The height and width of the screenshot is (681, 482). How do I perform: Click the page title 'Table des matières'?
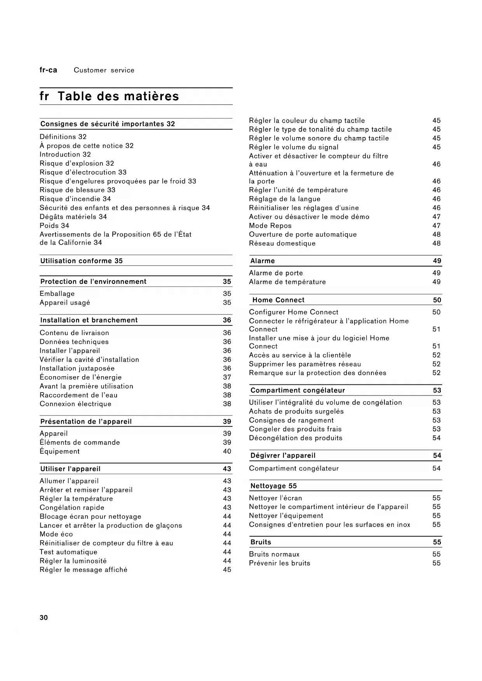tap(118, 96)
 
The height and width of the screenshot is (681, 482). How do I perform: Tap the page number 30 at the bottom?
tap(44, 618)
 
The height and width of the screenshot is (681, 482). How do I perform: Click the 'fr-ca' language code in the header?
tap(48, 70)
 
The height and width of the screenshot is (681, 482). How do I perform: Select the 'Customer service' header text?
tap(104, 70)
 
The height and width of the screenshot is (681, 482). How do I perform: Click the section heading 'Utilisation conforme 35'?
tap(82, 261)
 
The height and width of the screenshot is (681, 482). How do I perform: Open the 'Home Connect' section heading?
tap(278, 300)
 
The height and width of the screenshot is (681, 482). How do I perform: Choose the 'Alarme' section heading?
tap(263, 261)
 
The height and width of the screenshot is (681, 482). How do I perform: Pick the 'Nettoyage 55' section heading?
tap(273, 486)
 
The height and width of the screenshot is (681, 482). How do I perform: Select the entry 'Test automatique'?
tap(68, 552)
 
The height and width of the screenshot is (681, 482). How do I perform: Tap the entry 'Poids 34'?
tap(54, 226)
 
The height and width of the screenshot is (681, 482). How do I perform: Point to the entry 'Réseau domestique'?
tap(282, 243)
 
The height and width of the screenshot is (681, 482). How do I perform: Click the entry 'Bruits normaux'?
tap(274, 554)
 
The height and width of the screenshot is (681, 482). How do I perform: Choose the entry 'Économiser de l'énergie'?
tap(81, 377)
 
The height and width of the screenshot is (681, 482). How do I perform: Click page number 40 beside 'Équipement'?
tap(227, 452)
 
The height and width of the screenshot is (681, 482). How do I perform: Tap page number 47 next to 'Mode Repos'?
tap(437, 226)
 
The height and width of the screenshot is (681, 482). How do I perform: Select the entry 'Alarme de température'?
tap(287, 282)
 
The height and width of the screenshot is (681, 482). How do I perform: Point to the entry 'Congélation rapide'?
tap(72, 508)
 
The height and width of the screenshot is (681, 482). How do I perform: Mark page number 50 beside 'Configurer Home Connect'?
tap(437, 312)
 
